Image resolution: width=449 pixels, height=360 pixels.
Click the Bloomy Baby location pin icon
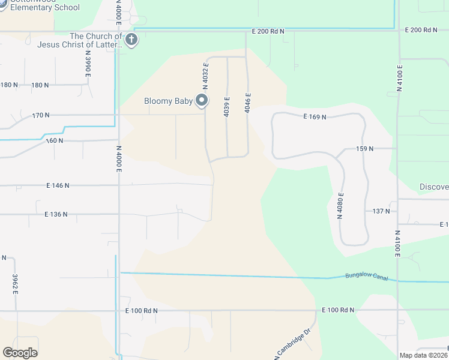tap(202, 100)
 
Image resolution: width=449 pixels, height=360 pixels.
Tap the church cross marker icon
tap(131, 40)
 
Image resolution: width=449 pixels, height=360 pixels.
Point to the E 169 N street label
tap(315, 117)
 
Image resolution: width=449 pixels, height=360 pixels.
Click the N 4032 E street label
tap(205, 75)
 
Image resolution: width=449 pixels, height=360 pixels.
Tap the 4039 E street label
tap(227, 106)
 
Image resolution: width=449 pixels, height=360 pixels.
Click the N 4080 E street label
tap(340, 205)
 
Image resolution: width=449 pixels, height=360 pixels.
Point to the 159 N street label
tap(364, 148)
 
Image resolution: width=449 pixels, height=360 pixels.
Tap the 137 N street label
tap(381, 211)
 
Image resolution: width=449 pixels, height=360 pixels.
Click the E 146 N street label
tap(57, 186)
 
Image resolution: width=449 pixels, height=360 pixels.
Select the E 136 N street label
tap(57, 214)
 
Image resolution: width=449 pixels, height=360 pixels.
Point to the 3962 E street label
tap(16, 284)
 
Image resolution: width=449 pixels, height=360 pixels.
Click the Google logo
tap(20, 353)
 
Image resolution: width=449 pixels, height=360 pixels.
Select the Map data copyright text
tap(424, 355)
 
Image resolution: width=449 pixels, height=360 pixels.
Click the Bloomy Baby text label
tap(168, 101)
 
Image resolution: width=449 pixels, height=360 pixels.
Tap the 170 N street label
tap(41, 115)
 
